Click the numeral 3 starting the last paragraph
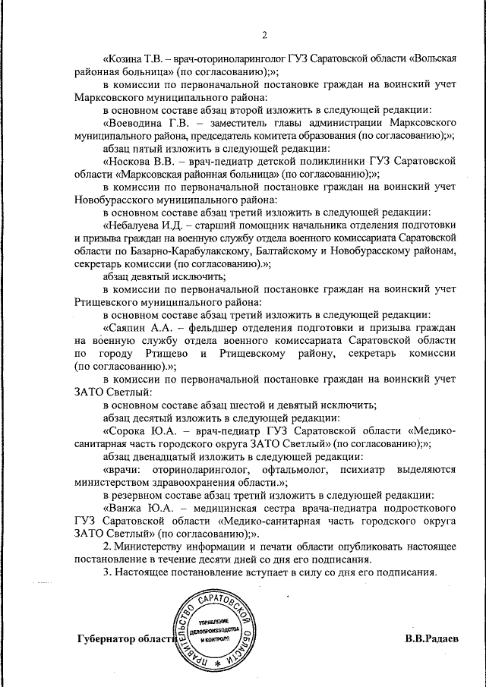107,572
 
